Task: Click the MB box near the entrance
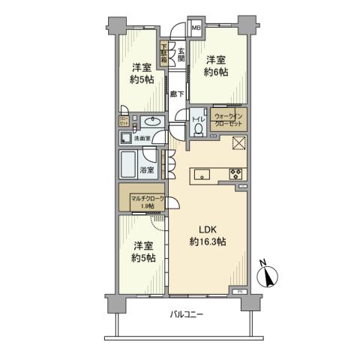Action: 196,28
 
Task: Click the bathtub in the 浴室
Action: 129,163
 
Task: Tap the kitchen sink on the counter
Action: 200,175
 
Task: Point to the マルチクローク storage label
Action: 147,199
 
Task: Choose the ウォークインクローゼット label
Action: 228,120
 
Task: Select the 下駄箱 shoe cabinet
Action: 164,55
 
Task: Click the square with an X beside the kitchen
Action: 238,145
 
